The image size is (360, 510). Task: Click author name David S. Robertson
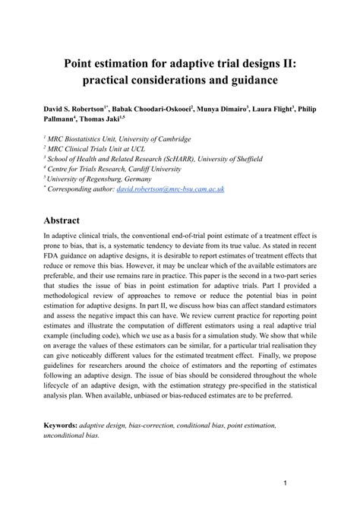click(x=75, y=110)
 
